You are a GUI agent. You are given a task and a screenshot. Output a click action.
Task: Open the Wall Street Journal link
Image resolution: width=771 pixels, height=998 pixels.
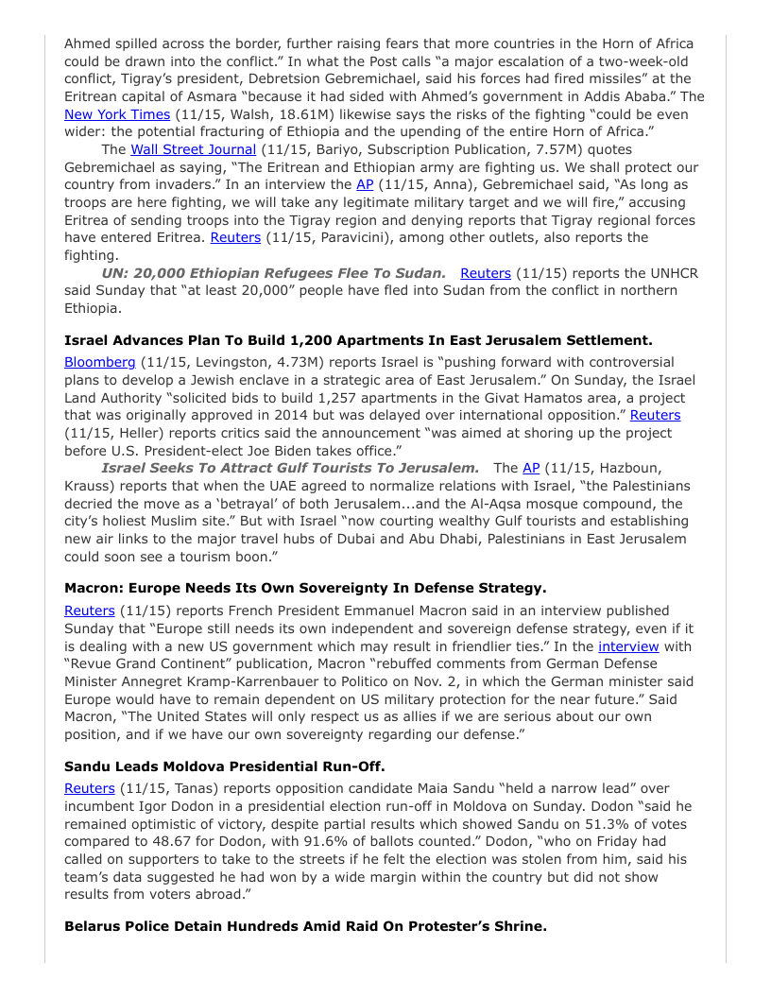193,149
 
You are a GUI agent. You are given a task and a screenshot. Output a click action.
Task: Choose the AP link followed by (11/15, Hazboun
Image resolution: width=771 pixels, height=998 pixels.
532,468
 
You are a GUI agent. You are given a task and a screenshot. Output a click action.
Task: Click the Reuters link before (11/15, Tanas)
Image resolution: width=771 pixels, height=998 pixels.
90,788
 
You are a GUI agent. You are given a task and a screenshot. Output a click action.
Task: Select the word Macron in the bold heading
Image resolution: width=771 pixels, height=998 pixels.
93,587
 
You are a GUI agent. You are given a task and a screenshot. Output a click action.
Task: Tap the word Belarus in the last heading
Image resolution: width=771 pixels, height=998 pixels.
94,926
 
